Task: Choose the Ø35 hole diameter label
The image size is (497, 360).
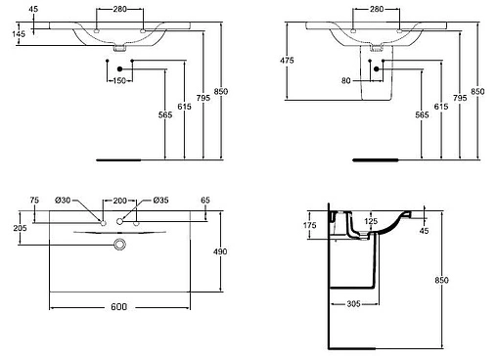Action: tap(160, 201)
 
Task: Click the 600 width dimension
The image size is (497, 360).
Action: tap(118, 307)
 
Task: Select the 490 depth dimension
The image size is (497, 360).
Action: tap(220, 252)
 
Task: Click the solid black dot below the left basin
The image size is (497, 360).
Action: tap(118, 67)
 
